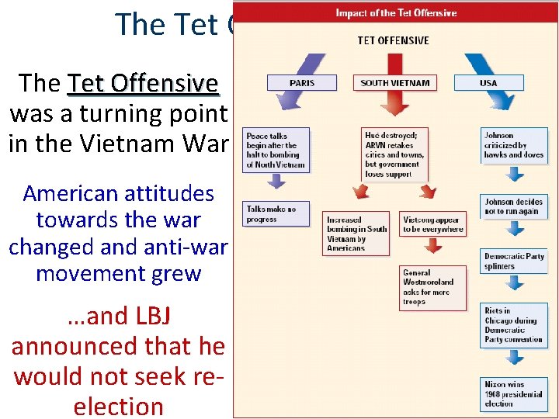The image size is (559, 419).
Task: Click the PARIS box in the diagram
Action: click(x=301, y=82)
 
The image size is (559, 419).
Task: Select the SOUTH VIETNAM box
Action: click(x=396, y=82)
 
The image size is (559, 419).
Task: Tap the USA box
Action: click(x=490, y=82)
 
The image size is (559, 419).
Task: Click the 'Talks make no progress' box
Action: click(x=276, y=213)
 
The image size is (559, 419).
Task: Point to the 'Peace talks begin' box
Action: click(x=276, y=151)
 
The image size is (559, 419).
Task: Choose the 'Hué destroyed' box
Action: click(x=396, y=154)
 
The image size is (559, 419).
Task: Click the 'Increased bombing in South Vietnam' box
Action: click(x=357, y=233)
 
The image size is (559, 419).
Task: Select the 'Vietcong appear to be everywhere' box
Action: click(x=433, y=224)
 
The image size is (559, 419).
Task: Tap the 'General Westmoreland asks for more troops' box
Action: click(x=433, y=287)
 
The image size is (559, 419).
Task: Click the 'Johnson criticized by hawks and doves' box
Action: click(x=515, y=145)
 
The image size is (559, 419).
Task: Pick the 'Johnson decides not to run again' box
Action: click(x=515, y=206)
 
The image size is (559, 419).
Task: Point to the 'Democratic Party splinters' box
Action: click(x=515, y=261)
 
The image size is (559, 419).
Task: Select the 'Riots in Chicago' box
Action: click(x=515, y=324)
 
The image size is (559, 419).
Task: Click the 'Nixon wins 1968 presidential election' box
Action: click(x=515, y=393)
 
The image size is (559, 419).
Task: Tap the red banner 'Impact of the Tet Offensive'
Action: click(x=396, y=12)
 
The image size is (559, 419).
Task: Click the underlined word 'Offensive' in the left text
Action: click(x=175, y=83)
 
